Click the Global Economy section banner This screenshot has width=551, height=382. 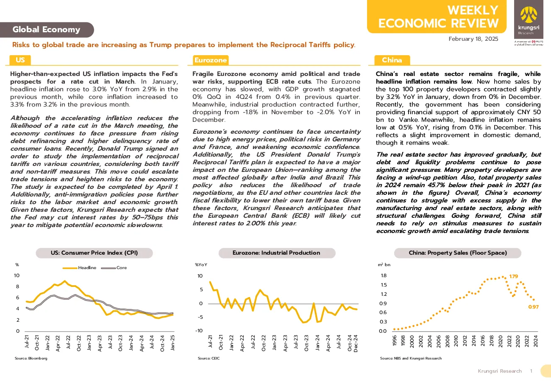pos(47,30)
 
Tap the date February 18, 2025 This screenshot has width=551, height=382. pos(473,39)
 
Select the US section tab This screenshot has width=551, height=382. pos(20,60)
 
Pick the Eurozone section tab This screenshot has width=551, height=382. pos(211,60)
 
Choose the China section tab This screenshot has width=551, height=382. pos(392,60)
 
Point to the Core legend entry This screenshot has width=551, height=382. pos(114,268)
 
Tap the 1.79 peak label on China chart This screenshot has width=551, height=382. pos(514,276)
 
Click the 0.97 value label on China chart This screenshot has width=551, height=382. pos(533,307)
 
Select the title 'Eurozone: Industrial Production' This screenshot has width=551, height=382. pos(277,253)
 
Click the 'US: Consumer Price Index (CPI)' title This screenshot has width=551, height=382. pos(94,253)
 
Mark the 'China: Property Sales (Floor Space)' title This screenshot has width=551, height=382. pos(458,253)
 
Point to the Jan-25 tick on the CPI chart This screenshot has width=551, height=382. pos(173,343)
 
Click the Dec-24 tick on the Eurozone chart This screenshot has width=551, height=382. pos(356,343)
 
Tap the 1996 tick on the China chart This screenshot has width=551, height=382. pos(395,341)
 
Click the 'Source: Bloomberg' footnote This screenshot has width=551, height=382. pos(31,358)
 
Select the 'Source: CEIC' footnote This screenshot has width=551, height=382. pos(209,358)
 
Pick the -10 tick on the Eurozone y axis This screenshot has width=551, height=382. pos(199,331)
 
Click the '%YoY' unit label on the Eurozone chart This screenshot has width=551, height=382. pos(201,265)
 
